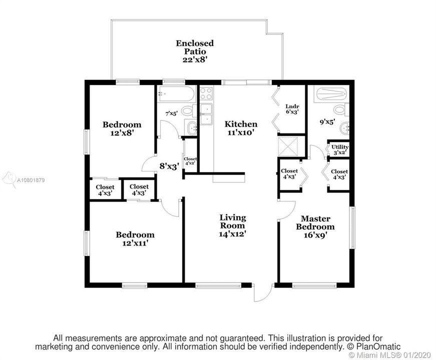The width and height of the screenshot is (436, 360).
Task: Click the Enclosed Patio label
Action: (195, 51)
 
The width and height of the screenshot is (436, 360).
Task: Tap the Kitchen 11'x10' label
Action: (241, 128)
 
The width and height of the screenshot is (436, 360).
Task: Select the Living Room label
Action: (233, 225)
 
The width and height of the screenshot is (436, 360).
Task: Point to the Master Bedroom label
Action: (315, 226)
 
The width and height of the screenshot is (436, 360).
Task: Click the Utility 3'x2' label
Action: (340, 149)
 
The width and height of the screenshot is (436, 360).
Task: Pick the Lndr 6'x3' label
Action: (292, 109)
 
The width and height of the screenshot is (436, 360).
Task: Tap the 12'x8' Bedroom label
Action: (122, 128)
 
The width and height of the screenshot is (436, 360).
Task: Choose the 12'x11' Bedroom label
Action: (135, 239)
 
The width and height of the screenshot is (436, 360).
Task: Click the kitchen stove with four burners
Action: (206, 93)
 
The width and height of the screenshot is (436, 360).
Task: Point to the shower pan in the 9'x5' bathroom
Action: (330, 94)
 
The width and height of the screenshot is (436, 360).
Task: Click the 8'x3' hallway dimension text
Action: (169, 166)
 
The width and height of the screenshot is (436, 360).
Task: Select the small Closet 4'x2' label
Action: (190, 161)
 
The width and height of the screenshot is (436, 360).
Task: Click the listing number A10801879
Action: (31, 180)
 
